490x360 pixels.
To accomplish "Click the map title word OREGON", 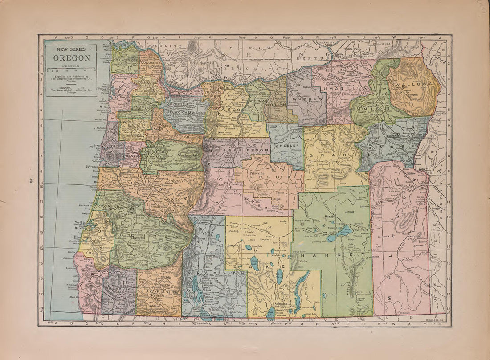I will click(72, 58).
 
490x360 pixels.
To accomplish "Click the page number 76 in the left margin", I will click(32, 180).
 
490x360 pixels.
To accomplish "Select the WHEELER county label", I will click(286, 146).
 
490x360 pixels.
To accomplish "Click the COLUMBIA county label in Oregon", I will click(151, 64).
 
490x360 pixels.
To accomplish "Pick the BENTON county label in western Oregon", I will click(132, 157).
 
